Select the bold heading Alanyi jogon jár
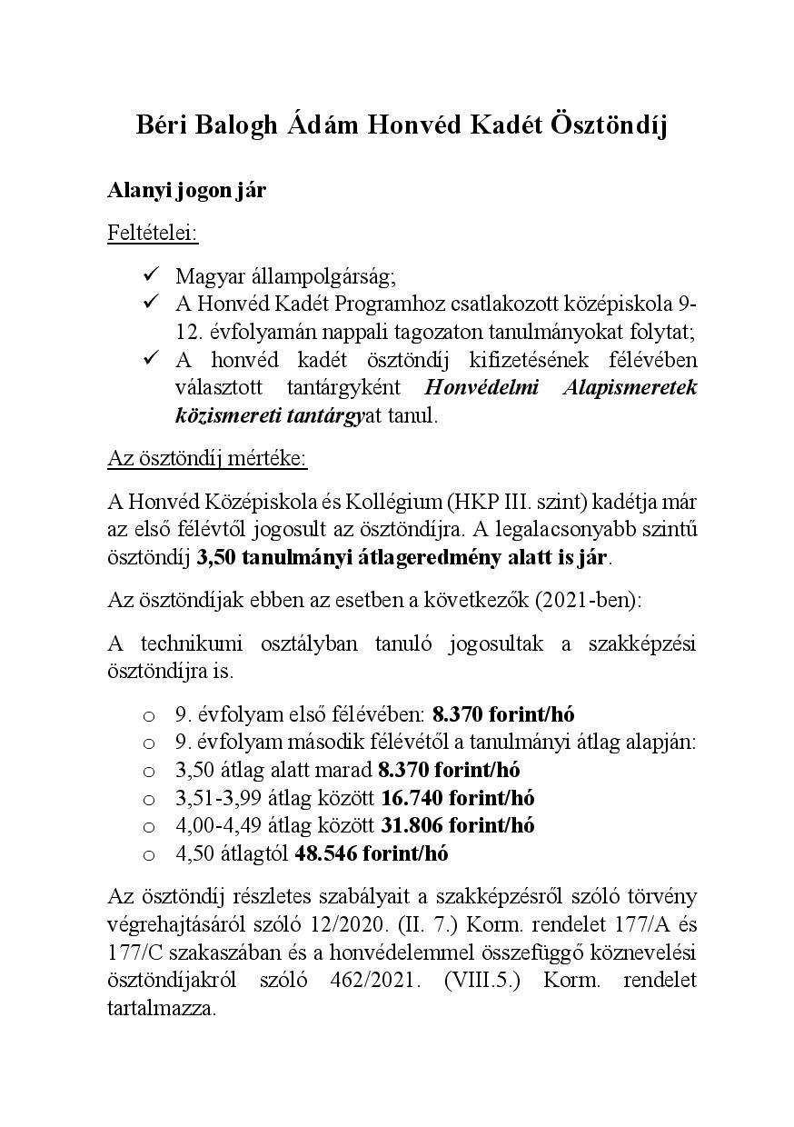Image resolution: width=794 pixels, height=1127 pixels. (186, 192)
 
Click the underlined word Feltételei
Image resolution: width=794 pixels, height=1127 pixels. (153, 233)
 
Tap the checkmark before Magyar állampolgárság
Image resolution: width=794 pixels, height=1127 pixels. (151, 274)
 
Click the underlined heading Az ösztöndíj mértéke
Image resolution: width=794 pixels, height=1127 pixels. (207, 457)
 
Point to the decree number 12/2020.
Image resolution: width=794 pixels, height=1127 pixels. (392, 924)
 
